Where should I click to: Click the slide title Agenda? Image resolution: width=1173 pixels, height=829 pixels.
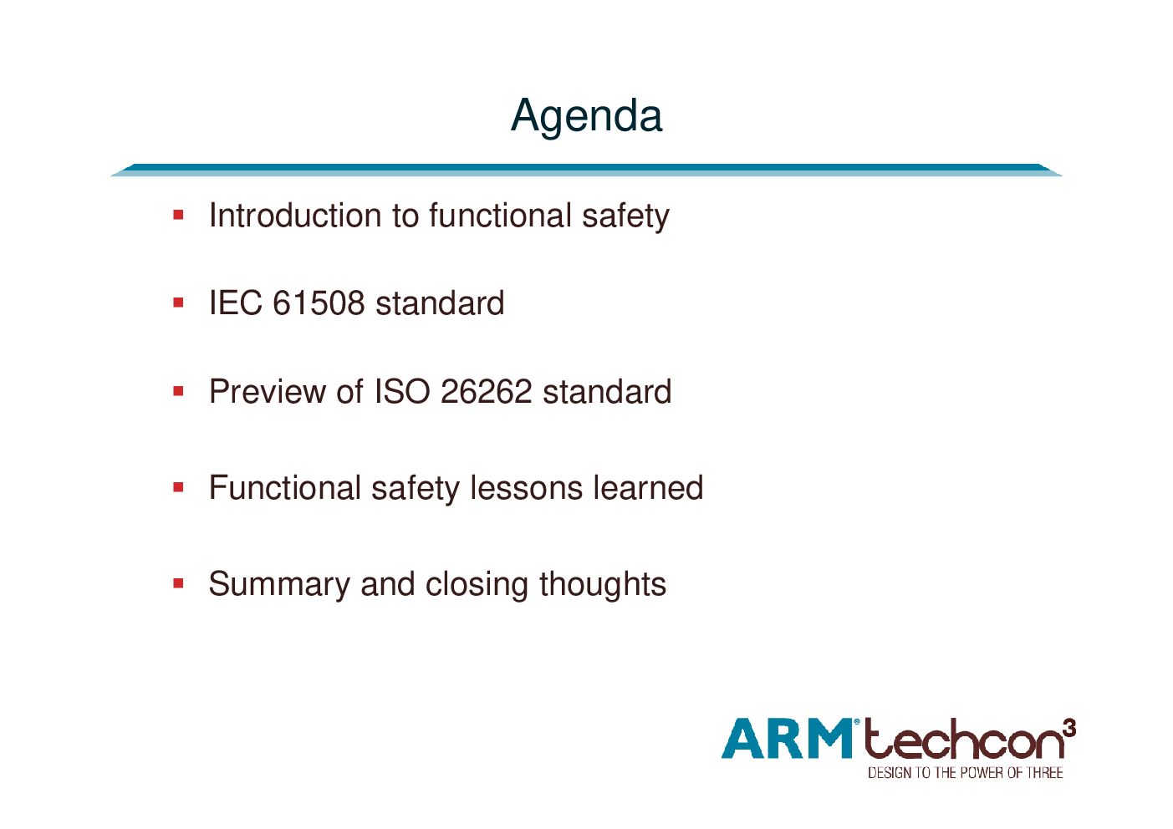click(x=587, y=117)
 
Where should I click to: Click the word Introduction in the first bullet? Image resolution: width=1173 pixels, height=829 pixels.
click(x=295, y=215)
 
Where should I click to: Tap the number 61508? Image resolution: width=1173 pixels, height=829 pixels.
click(x=319, y=303)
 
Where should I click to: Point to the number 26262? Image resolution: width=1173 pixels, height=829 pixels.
click(x=486, y=391)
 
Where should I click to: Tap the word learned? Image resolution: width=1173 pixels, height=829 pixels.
click(x=648, y=488)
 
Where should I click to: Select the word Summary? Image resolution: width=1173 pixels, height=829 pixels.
click(x=279, y=585)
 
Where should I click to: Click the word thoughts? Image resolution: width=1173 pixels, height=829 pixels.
click(x=603, y=584)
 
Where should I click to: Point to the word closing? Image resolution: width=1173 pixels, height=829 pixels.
click(x=477, y=585)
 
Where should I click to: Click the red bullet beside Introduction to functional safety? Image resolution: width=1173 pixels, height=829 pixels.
click(x=178, y=215)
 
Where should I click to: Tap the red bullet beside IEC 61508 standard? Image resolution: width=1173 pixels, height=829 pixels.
click(x=178, y=303)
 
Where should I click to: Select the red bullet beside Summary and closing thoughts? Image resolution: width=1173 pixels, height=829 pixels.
click(x=178, y=583)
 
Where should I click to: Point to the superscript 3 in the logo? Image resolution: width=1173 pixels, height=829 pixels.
click(x=1070, y=728)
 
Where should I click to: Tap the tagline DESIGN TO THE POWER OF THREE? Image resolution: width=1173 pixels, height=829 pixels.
click(x=966, y=773)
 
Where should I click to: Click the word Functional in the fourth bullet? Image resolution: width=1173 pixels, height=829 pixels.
click(x=285, y=488)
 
